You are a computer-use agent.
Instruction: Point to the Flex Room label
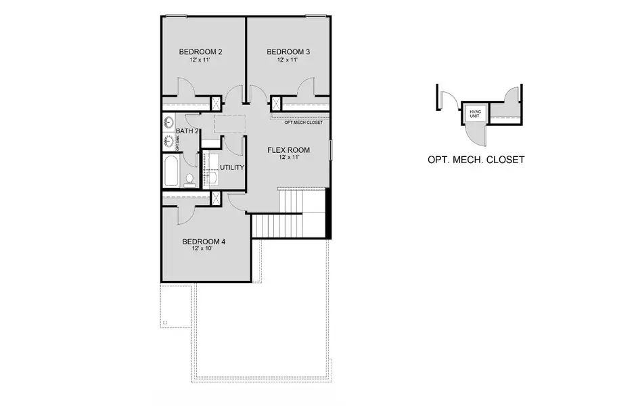(288, 150)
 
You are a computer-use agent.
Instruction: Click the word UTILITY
(231, 167)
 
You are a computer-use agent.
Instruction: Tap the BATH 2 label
(187, 131)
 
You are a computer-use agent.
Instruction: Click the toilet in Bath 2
(190, 179)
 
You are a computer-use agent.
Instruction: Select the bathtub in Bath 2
(171, 172)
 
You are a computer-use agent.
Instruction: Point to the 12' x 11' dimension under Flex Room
(288, 158)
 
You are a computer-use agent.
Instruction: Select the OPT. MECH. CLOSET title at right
(476, 160)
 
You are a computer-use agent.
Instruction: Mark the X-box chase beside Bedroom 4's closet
(217, 199)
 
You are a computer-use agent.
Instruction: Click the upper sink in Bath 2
(168, 123)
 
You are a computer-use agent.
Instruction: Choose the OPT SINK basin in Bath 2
(168, 142)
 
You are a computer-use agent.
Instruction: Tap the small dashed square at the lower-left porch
(165, 322)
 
